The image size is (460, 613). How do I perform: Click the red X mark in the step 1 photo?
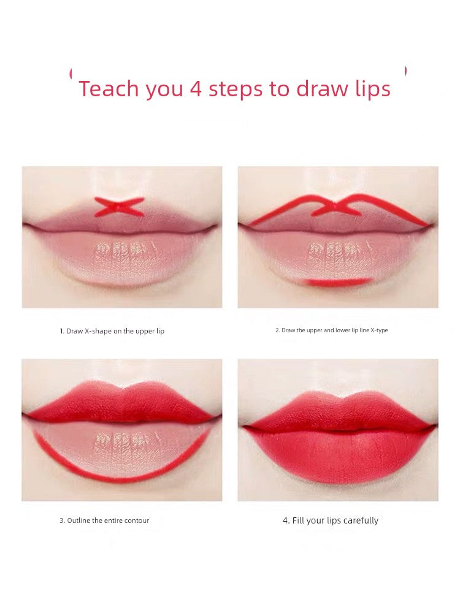tap(120, 207)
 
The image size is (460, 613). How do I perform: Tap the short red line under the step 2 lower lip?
tap(339, 282)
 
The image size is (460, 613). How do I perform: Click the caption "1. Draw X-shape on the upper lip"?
tap(112, 331)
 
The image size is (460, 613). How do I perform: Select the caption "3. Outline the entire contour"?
tap(104, 520)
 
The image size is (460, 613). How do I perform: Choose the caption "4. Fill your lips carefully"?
tap(331, 520)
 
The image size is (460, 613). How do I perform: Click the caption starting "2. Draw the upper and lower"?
tap(331, 330)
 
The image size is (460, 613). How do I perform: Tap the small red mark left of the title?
tap(72, 72)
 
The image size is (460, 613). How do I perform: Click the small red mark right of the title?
tap(405, 72)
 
